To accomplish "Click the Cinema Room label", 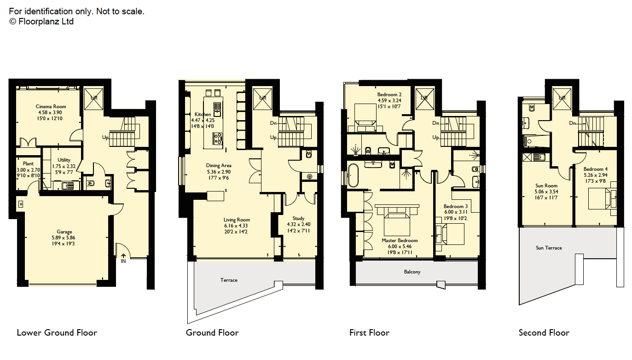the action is point(51,106).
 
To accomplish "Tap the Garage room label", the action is point(64,232).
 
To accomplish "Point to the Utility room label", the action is point(64,160).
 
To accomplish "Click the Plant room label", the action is point(28,163).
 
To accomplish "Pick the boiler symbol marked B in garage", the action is point(21,204).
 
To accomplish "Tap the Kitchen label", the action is point(203,114).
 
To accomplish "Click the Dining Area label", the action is point(219,166).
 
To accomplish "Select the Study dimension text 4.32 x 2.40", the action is point(298,225).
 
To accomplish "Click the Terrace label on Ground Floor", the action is point(229,280).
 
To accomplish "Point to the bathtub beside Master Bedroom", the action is point(353,175).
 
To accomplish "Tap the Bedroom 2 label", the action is point(389,94).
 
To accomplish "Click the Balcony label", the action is point(412,272).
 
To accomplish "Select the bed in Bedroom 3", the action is point(450,234).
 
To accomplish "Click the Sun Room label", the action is point(546,186).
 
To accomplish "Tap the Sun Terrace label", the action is point(549,248).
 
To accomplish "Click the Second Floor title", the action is point(544,333).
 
